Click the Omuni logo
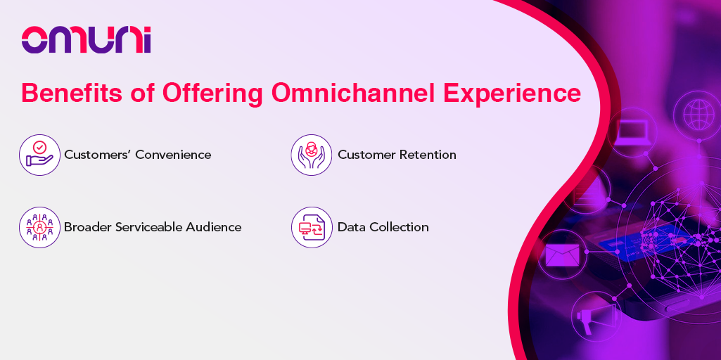pos(86,40)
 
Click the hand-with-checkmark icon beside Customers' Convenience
pos(39,155)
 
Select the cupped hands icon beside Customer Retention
pos(312,155)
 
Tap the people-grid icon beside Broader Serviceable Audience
pos(39,227)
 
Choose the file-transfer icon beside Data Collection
pos(312,227)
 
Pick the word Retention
pos(428,155)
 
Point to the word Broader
pos(89,227)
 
